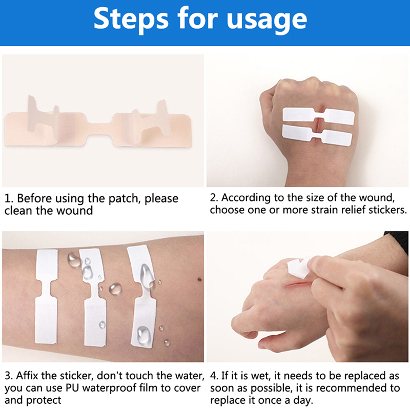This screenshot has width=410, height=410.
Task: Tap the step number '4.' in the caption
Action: pos(214,376)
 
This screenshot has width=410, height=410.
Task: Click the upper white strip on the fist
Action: pos(318,115)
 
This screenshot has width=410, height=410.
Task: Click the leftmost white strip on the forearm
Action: pos(46,297)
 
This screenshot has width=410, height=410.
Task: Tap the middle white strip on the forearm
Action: pos(94,298)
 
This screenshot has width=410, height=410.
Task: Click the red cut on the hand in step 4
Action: pos(298,284)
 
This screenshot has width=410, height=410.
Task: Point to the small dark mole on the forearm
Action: pos(199,279)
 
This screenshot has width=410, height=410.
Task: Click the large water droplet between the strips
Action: pos(115,289)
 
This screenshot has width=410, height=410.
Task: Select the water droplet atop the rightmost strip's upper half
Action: pos(147,275)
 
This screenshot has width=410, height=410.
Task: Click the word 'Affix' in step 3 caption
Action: pos(27,376)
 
